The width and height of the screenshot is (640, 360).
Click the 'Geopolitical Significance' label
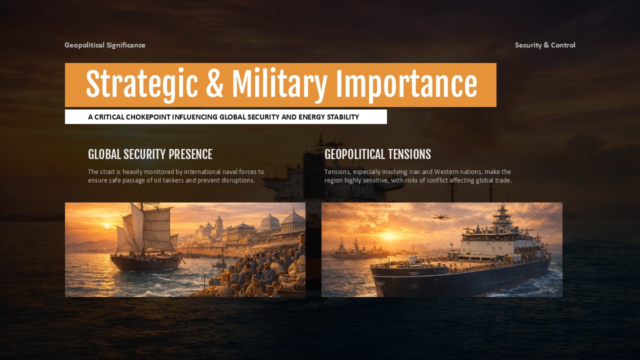105,45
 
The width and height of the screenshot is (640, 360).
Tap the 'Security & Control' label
545,45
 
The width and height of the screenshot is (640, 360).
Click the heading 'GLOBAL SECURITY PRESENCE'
150,154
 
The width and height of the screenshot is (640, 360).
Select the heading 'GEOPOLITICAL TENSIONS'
377,154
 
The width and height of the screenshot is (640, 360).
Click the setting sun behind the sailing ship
106,226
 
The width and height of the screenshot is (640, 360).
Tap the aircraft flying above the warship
440,216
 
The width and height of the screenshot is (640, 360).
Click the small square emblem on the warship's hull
414,286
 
